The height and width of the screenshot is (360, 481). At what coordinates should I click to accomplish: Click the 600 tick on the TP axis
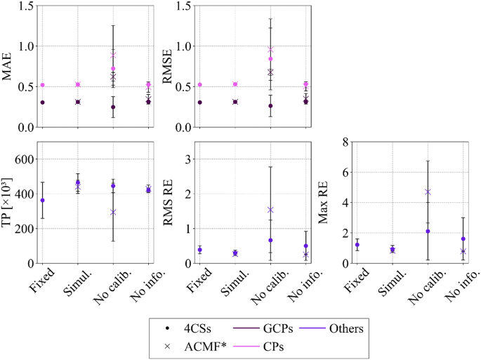(x=22, y=159)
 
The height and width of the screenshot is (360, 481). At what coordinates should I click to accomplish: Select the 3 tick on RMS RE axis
(x=182, y=159)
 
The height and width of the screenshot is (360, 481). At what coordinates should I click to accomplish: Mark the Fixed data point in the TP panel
(x=42, y=201)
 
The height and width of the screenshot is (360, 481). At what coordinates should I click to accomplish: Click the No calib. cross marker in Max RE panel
(x=428, y=192)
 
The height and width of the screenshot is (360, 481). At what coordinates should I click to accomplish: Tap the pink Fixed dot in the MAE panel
(x=42, y=85)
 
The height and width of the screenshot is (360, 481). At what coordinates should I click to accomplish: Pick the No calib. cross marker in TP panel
(x=113, y=212)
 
